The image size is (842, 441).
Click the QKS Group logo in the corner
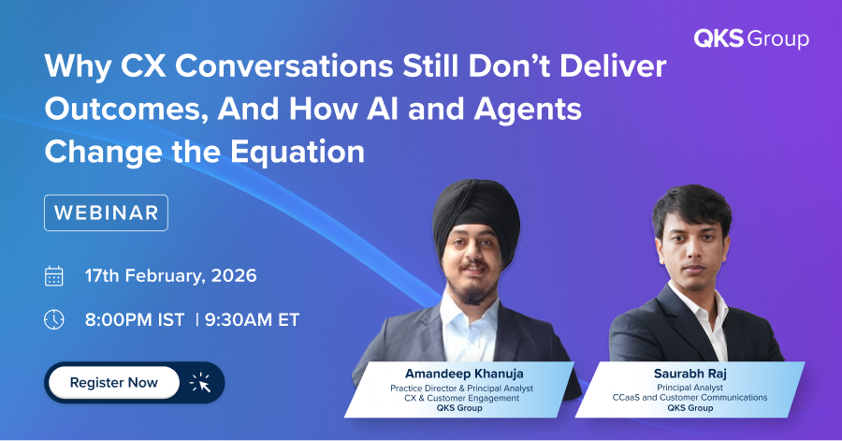pos(751,38)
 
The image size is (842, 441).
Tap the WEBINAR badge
pos(106,213)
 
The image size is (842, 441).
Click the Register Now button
pos(114,382)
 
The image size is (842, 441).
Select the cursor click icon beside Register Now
pos(200,382)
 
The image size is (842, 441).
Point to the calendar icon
pos(53,276)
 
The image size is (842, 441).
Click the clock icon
pos(53,319)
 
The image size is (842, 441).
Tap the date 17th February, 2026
pos(171,275)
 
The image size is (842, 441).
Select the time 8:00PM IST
pos(135,319)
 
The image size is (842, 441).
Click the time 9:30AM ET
pos(252,319)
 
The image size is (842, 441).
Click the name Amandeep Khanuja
pos(464,374)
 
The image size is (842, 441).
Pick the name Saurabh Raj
pos(690,374)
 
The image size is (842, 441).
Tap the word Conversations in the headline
pos(284,66)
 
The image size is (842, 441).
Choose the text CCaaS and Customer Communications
pos(690,398)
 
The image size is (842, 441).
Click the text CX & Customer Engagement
pos(462,398)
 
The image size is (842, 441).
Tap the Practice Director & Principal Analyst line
pos(462,389)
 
